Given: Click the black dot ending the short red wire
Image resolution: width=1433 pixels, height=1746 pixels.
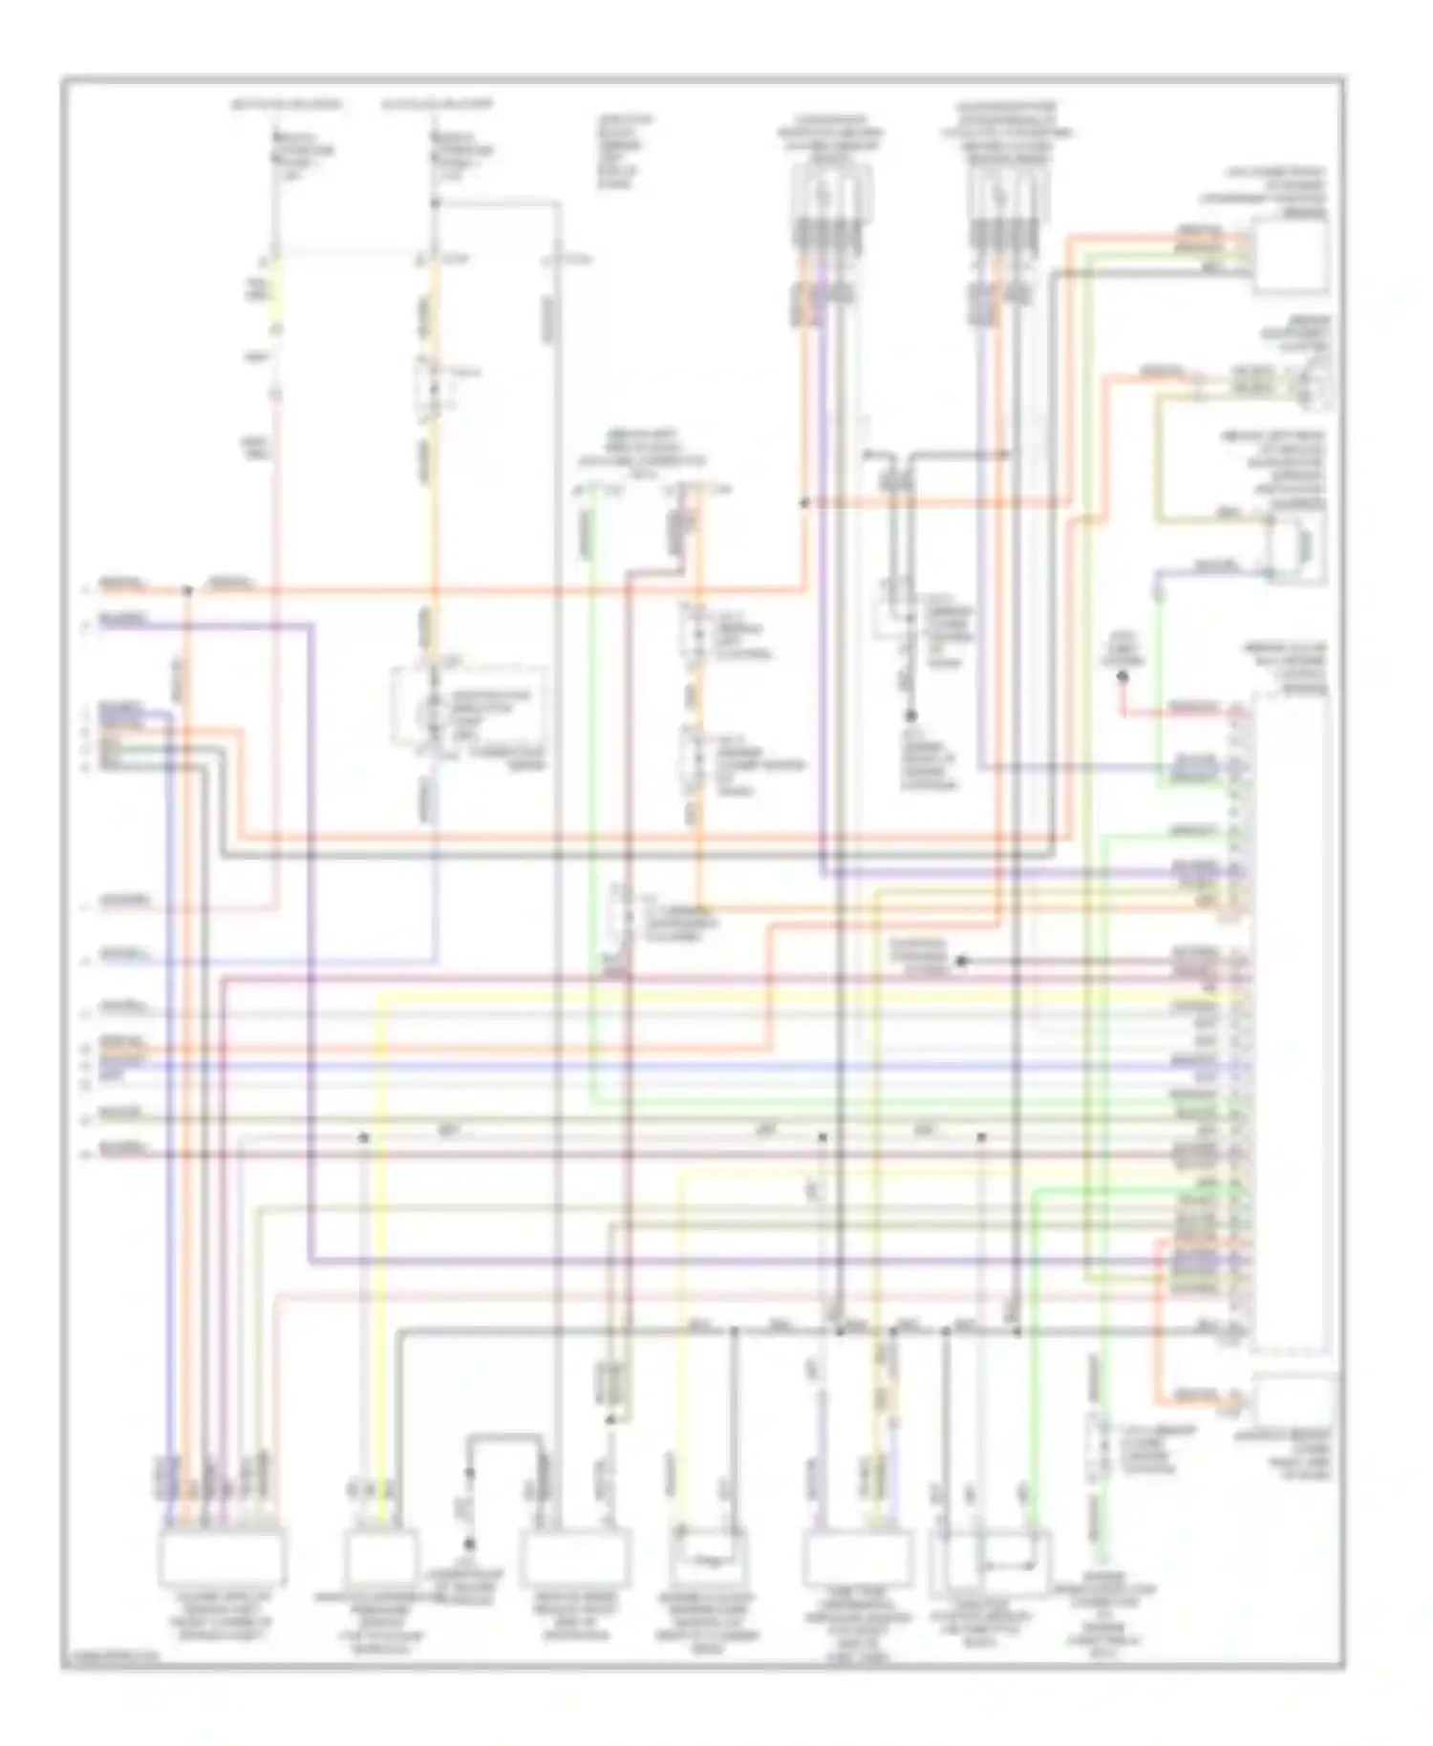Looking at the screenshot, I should click(x=1123, y=677).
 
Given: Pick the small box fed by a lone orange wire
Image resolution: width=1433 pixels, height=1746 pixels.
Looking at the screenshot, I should click(x=1296, y=1400).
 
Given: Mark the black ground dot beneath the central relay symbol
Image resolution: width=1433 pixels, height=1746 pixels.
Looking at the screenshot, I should click(x=911, y=715).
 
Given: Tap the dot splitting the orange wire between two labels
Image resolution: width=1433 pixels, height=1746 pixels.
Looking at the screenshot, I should click(x=187, y=591).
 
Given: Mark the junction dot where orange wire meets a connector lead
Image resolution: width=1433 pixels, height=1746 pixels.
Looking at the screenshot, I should click(x=804, y=502).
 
